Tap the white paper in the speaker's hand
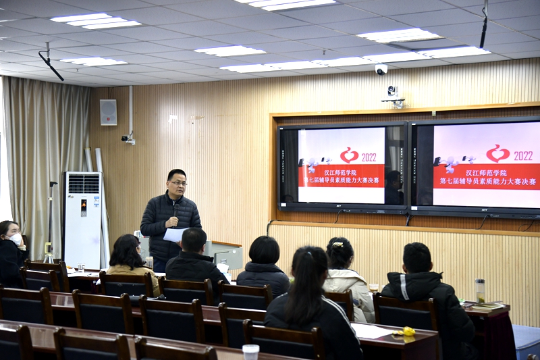pos(175,234)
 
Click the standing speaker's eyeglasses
pos(179,183)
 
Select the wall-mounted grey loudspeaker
pos(108,112)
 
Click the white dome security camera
pos(381,70)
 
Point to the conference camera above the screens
pos(393,97)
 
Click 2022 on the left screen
pos(369,158)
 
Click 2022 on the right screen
pos(523,156)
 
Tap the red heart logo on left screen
pos(349,155)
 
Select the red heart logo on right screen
pos(497,153)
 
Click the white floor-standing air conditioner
pos(82,220)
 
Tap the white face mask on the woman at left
pos(16,239)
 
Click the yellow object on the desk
pos(409,332)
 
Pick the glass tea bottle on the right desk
pos(480,291)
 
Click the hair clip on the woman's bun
pos(337,245)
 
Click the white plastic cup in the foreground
pos(250,352)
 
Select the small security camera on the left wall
pos(128,138)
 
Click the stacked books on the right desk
pos(488,306)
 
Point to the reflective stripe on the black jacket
pos(403,287)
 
